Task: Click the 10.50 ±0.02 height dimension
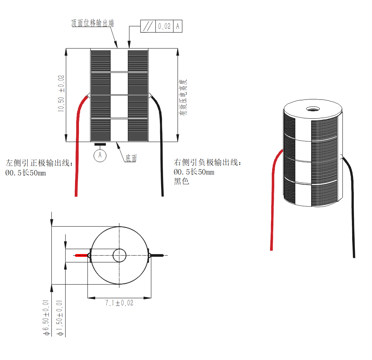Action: click(61, 93)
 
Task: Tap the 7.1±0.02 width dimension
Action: click(119, 303)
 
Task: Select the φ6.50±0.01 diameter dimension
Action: click(46, 318)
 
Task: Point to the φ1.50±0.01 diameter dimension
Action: click(60, 318)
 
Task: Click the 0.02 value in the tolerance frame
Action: click(164, 26)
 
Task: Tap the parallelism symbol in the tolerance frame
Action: click(148, 26)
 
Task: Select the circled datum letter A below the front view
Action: click(100, 155)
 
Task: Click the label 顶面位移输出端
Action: click(92, 23)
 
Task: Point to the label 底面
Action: click(131, 158)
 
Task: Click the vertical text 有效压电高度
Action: click(183, 97)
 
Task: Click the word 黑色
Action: click(181, 181)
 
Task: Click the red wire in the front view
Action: click(77, 148)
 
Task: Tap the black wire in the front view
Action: click(162, 148)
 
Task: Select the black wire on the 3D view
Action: click(352, 207)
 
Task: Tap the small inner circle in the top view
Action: click(119, 255)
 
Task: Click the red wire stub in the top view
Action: click(81, 255)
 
